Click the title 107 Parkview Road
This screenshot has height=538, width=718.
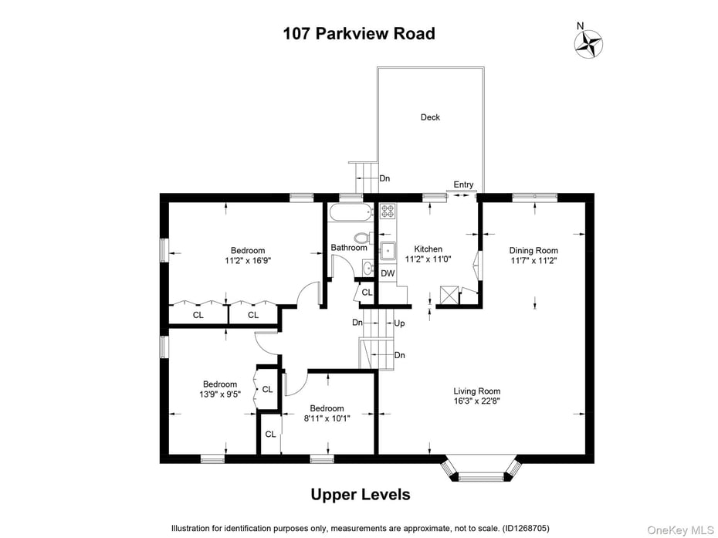(359, 34)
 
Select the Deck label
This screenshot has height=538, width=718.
(430, 117)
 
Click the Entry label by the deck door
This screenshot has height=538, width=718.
(463, 184)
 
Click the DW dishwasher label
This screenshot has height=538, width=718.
(388, 273)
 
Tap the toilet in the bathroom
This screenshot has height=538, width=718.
(362, 237)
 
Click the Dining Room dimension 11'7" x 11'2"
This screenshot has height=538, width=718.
(533, 261)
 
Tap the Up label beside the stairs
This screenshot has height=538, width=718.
(399, 323)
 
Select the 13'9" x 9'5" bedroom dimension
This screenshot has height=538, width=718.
(220, 394)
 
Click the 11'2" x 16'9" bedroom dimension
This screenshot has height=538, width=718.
(247, 261)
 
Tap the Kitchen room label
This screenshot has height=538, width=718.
(428, 249)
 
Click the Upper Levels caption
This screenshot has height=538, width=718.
(360, 495)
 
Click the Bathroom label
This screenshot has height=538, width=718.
(349, 248)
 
